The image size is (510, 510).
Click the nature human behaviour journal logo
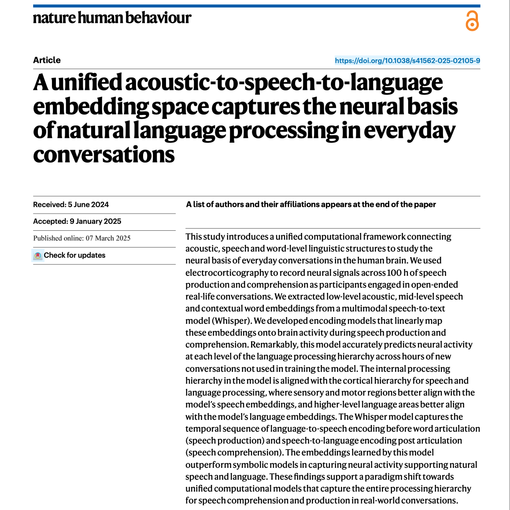[x=112, y=18]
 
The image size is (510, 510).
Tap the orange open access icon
[x=472, y=21]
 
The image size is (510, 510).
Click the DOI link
[x=407, y=61]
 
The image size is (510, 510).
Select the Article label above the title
[x=47, y=60]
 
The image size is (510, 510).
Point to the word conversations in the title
[x=104, y=155]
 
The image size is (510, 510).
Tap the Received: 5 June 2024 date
[x=71, y=204]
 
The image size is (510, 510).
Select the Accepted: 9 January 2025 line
[x=77, y=221]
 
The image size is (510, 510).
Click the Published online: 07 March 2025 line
[x=82, y=238]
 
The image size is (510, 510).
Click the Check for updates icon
[x=38, y=255]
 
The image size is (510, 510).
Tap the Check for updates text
[x=74, y=255]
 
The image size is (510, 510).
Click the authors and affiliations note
[x=311, y=204]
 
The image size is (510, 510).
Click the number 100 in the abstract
[x=394, y=273]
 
